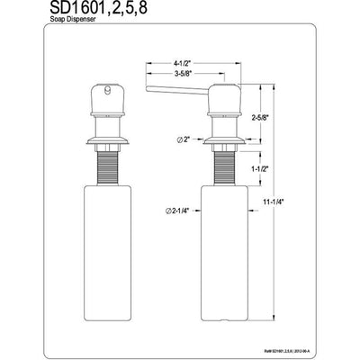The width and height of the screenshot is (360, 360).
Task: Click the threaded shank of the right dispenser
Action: point(220,166)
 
